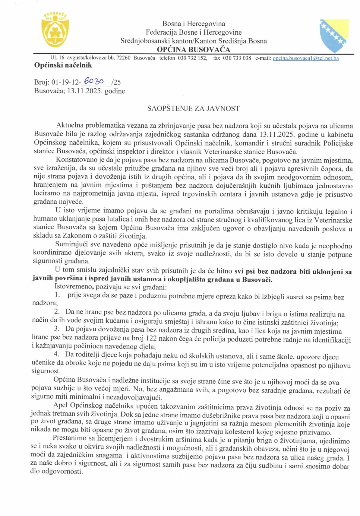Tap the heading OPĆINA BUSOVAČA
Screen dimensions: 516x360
point(193,49)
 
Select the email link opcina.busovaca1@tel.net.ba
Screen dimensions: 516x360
point(305,58)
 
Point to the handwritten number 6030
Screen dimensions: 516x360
point(94,81)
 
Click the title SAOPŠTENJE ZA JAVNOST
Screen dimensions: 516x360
point(193,109)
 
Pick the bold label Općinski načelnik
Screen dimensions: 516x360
point(63,65)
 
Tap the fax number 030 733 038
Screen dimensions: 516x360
point(237,58)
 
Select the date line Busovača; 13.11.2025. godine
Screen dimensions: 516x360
point(80,91)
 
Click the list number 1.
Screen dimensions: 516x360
point(57,295)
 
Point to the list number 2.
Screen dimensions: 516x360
point(57,312)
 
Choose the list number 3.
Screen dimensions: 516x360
point(57,329)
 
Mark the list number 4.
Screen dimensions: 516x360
point(57,354)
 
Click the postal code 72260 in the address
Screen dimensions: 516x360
point(123,58)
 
